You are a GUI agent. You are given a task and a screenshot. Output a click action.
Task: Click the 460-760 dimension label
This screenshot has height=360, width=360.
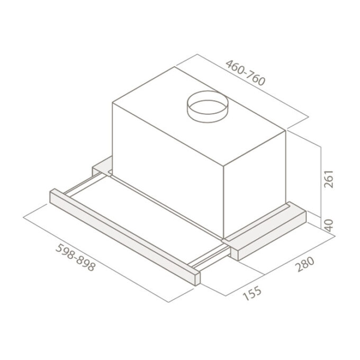point(246,73)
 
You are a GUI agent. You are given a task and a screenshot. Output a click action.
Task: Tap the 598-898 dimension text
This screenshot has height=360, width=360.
point(76,257)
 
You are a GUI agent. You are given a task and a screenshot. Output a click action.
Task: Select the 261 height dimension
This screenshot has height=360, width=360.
point(328,179)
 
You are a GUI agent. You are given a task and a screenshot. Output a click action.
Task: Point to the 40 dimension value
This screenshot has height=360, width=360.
point(329,225)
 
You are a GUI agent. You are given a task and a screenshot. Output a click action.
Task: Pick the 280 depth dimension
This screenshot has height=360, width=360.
point(304,264)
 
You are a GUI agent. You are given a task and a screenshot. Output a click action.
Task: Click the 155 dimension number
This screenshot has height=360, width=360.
point(252,293)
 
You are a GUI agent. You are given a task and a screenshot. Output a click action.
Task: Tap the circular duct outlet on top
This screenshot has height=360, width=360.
point(208,107)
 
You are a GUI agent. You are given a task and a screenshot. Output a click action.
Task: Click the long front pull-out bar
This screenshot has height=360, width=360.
point(125,237)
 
